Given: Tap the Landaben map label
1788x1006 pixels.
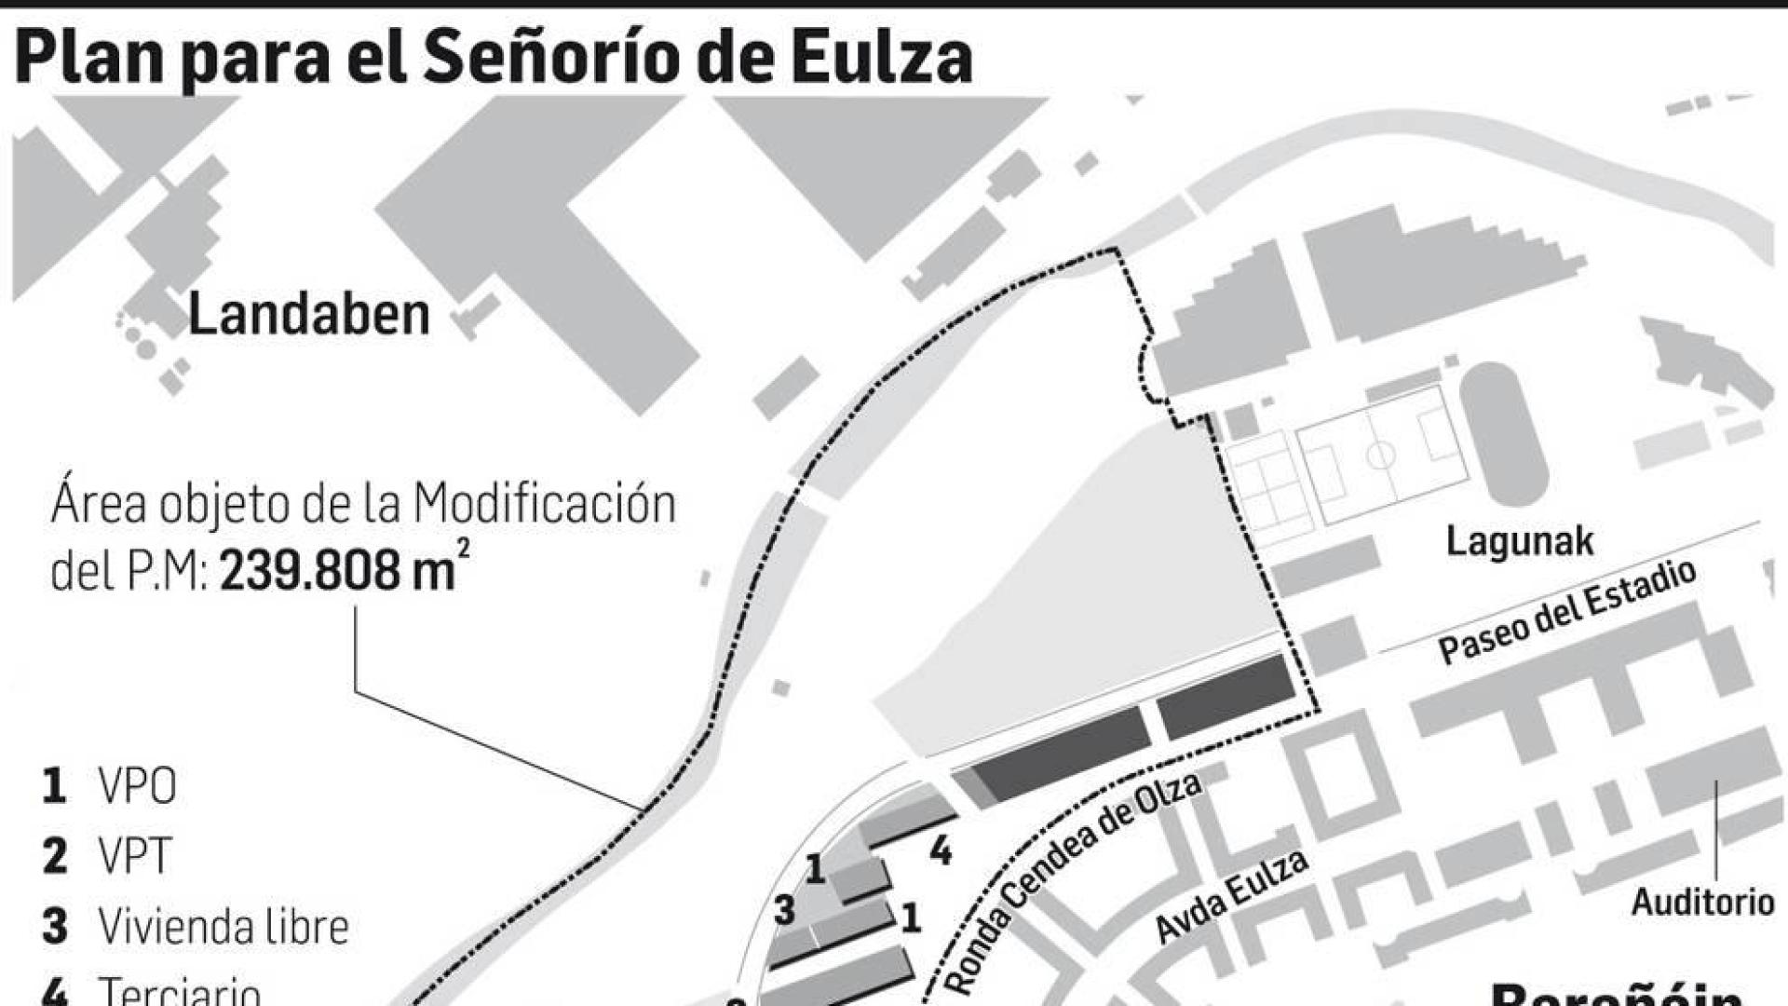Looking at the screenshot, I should click(308, 315).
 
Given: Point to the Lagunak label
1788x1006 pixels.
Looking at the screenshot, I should click(1519, 541).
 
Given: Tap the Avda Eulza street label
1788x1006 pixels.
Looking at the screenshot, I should click(1231, 895).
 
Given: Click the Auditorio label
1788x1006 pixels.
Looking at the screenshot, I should click(1702, 902).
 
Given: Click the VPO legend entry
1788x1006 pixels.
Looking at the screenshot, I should click(137, 787).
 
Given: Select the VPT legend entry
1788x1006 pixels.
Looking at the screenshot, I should click(135, 856).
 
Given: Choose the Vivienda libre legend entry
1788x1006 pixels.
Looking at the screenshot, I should click(223, 926).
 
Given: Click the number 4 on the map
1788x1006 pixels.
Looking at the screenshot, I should click(941, 850).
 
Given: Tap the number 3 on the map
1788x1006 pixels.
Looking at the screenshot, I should click(784, 910).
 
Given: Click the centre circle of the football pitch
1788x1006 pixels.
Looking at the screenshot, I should click(1381, 456).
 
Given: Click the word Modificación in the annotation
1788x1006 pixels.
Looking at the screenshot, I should click(545, 504).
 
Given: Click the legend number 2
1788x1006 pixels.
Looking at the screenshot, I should click(55, 856).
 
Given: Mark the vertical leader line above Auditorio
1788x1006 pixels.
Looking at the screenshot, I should click(1716, 831).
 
